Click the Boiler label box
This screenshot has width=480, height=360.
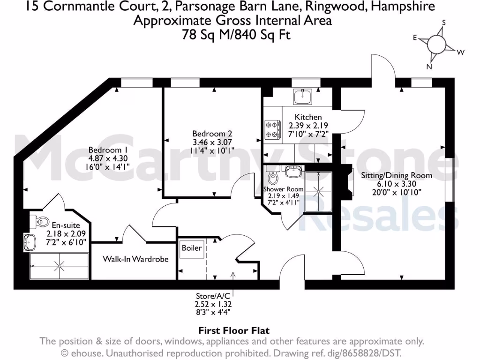click(x=192, y=248)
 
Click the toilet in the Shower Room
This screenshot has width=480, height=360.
click(x=272, y=177)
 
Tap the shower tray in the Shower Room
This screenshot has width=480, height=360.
click(x=318, y=192)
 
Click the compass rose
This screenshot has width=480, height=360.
click(x=437, y=45)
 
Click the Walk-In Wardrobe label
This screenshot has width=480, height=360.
click(x=135, y=259)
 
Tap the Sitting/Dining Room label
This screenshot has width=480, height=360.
click(x=396, y=176)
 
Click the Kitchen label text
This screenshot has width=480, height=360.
click(x=308, y=117)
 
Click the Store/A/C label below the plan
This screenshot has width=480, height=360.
click(x=212, y=296)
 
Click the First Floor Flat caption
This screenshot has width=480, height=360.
click(x=233, y=331)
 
